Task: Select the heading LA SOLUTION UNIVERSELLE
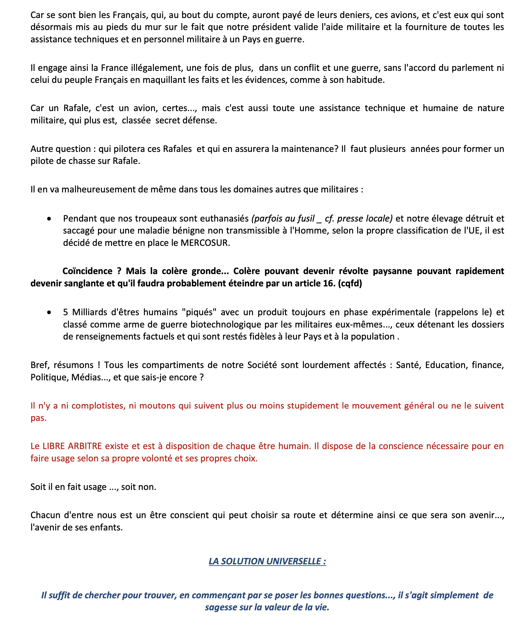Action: [267, 561]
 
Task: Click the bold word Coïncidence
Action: [87, 271]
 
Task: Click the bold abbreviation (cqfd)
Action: [350, 283]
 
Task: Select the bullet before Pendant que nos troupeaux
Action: [49, 219]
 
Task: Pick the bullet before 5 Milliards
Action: [49, 312]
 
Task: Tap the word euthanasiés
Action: [224, 219]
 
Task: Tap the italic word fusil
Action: [305, 219]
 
